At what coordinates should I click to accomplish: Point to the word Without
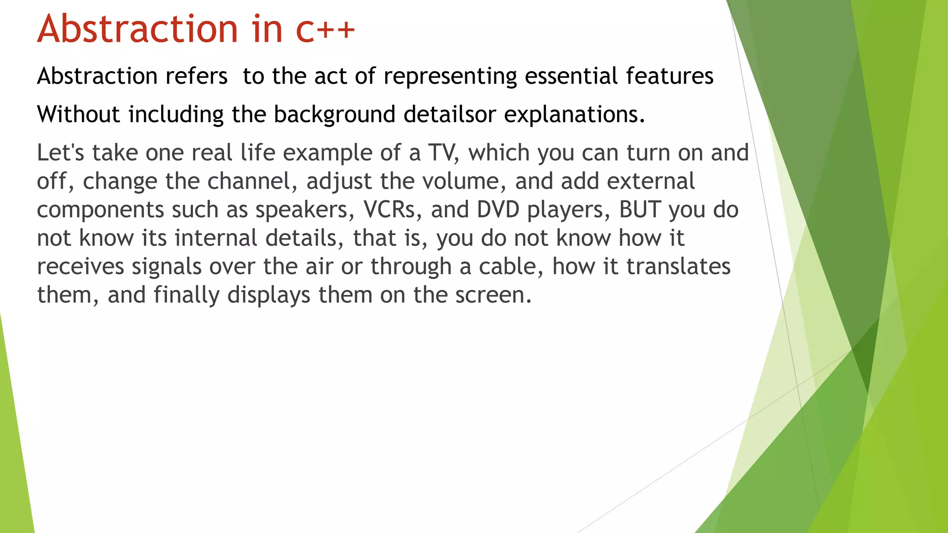78,114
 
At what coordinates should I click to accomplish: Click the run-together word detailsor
449,114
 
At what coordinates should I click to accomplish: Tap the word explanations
574,115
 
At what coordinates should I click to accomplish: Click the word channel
252,181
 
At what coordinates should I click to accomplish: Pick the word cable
511,266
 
